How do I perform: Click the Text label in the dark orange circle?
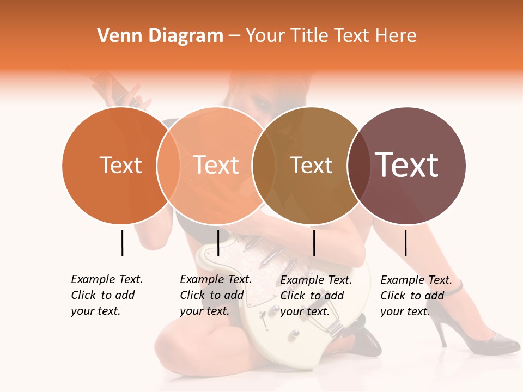click(120, 165)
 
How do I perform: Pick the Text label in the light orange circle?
click(216, 165)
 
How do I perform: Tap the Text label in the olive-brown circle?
click(311, 165)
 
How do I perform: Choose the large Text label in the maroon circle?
click(407, 165)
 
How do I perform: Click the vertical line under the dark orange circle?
click(122, 243)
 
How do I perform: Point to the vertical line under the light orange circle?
click(218, 243)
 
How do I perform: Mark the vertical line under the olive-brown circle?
click(314, 243)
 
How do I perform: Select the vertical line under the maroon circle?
click(405, 243)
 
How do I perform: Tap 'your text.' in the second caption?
click(204, 311)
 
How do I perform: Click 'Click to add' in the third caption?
click(312, 296)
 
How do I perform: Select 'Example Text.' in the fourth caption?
click(416, 280)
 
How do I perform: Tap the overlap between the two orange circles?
click(168, 166)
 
